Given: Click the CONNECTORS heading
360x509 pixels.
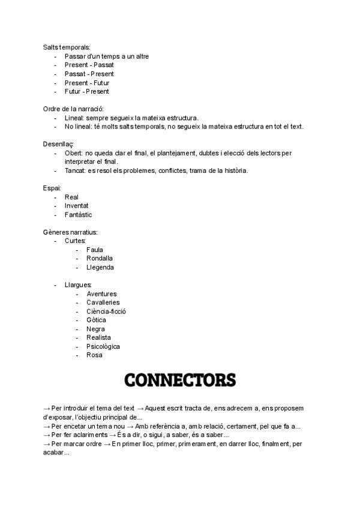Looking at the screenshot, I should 179,380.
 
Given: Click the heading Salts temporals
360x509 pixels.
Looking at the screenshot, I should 67,47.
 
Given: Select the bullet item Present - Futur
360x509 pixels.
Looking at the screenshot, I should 87,83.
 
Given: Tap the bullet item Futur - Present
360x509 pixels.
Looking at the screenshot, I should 87,92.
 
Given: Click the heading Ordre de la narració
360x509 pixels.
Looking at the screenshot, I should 73,109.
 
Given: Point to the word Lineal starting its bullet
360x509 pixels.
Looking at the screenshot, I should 74,118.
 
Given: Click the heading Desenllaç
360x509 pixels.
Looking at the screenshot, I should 58,145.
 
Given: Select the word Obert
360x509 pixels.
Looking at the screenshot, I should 74,154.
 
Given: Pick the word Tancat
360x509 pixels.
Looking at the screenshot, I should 75,171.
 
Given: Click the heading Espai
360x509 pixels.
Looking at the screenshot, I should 52,188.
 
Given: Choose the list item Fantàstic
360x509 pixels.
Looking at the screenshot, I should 79,215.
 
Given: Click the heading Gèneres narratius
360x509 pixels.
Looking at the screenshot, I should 71,232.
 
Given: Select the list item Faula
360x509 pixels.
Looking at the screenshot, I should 95,250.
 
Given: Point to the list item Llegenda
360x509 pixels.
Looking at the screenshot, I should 100,267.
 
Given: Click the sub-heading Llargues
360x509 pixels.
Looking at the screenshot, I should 78,285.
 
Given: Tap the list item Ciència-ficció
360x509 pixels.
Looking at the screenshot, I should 106,312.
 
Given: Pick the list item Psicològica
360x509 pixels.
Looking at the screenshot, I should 103,346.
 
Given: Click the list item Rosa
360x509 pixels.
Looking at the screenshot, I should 94,355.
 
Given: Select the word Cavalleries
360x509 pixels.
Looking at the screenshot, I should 103,303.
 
